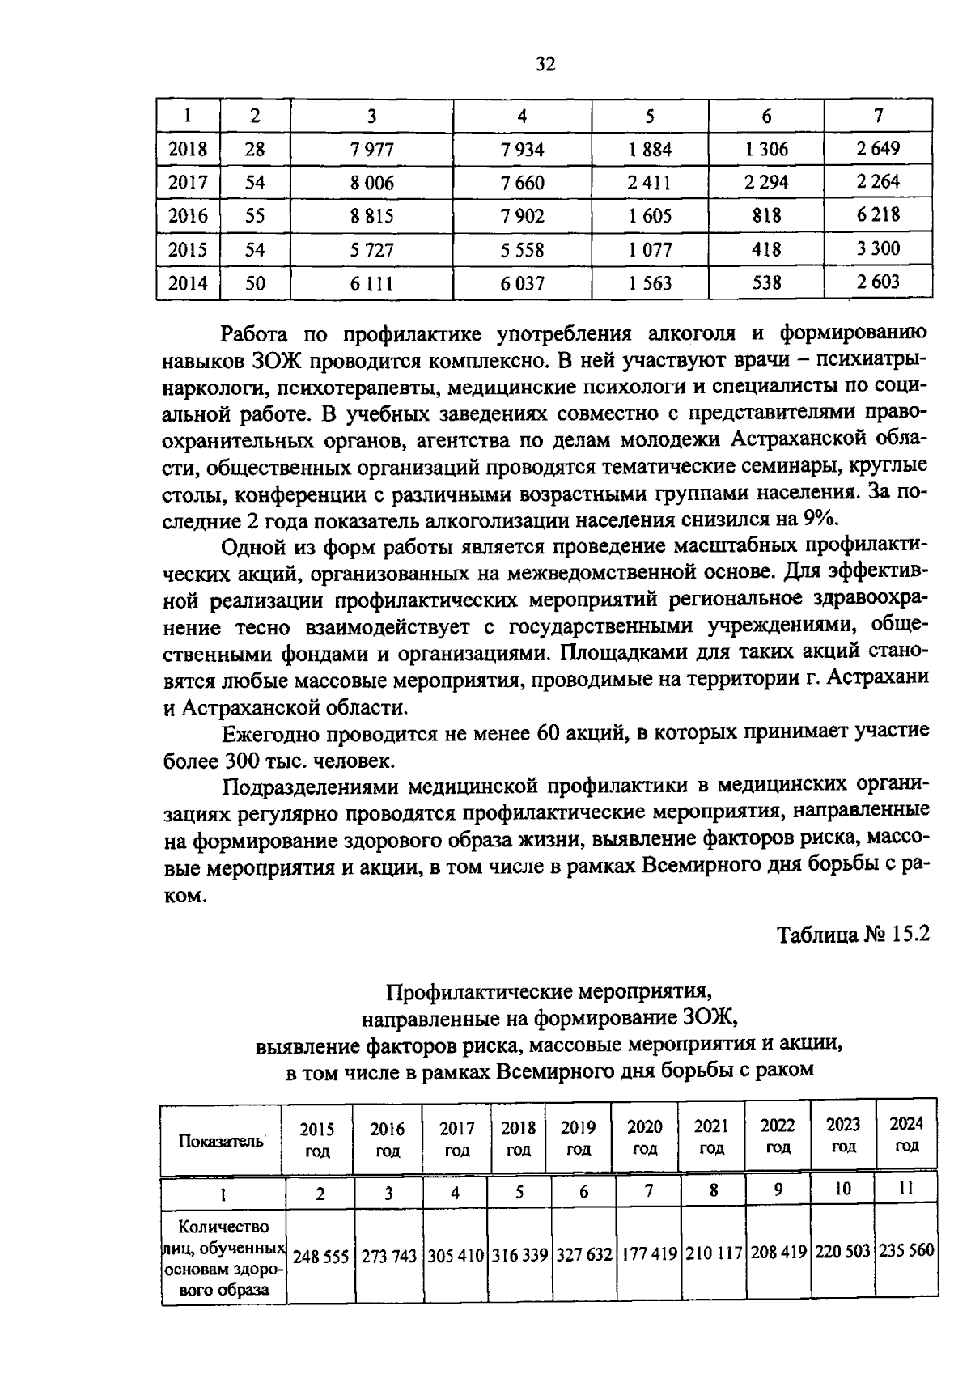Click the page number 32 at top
[x=545, y=65]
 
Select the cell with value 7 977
[x=371, y=150]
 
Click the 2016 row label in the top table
[x=188, y=216]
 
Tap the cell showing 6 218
[x=878, y=215]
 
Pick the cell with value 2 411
[x=649, y=183]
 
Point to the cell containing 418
[x=765, y=249]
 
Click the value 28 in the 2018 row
[x=255, y=150]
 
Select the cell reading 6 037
[x=522, y=283]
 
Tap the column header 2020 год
[x=645, y=1138]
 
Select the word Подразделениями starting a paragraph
[x=309, y=786]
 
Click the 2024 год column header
[x=906, y=1134]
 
